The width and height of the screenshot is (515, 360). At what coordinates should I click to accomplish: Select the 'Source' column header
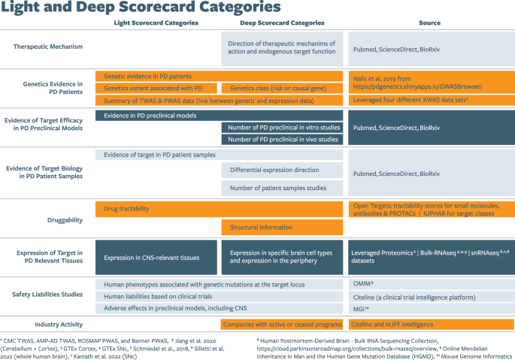tap(429, 23)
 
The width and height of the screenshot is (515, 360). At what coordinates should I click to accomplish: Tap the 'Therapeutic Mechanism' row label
tap(47, 47)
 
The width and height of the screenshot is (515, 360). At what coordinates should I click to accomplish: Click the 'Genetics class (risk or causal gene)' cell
tap(282, 88)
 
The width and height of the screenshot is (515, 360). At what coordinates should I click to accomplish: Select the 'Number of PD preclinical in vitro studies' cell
tap(282, 127)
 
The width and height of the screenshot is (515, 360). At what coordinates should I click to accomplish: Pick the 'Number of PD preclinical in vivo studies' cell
tap(282, 139)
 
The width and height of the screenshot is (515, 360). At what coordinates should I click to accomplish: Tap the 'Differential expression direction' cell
tap(282, 170)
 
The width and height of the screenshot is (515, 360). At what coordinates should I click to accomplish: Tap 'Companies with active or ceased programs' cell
tap(282, 324)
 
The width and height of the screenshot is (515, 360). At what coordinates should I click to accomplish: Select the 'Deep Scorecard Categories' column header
tap(282, 23)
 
